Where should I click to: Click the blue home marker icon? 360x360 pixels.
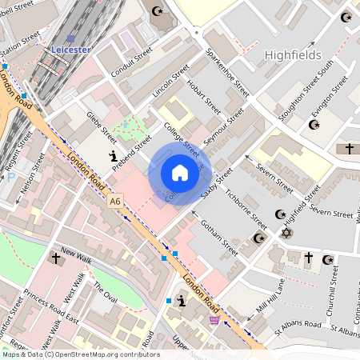coord(180,173)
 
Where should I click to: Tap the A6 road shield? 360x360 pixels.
coord(117,203)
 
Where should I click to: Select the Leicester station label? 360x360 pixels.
coord(71,49)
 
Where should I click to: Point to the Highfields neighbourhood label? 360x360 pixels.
coord(292,54)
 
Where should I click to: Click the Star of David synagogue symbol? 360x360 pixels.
coord(286,232)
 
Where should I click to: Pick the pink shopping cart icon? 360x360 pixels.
coord(214,320)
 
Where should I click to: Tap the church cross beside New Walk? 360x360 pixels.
coord(56,258)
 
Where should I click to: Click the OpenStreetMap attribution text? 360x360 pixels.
coord(80,354)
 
